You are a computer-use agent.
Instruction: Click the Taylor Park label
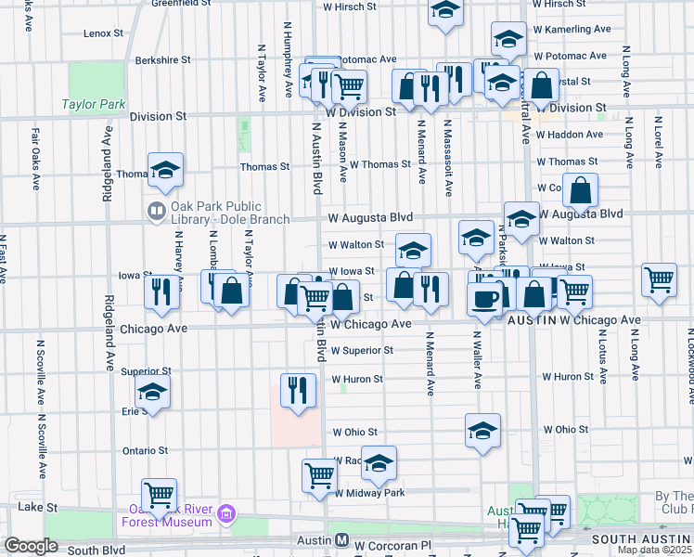pos(94,105)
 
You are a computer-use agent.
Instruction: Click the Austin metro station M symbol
pos(341,540)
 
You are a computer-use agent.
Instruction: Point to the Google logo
pos(31,546)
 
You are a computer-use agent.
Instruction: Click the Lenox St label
pos(103,33)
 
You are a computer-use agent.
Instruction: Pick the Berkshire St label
pos(162,59)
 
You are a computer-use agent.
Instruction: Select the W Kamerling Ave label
pos(572,30)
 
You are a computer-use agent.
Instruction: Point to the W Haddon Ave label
pos(567,135)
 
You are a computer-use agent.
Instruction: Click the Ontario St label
pos(145,451)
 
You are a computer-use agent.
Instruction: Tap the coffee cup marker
pos(485,298)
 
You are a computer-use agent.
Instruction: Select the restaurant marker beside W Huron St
pos(297,387)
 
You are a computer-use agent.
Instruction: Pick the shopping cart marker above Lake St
pos(159,494)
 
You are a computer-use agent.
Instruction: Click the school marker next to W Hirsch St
pos(445,11)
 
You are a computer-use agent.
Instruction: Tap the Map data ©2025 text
pos(654,550)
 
